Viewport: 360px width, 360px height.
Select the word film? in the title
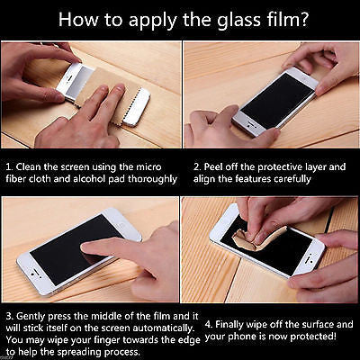pos(285,19)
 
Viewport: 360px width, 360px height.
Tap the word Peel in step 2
pos(214,166)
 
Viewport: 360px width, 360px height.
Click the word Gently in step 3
pos(31,316)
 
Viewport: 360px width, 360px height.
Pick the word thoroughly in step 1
pos(153,179)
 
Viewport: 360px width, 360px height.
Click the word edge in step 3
pos(189,340)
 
